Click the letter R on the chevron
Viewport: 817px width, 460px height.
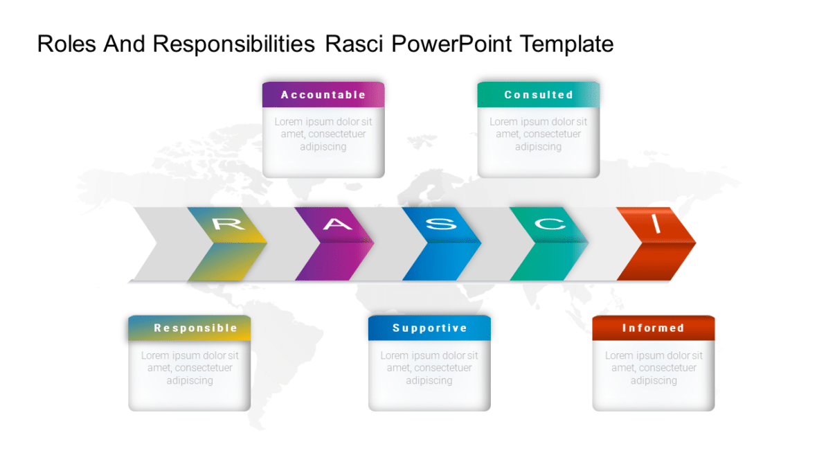[x=228, y=224]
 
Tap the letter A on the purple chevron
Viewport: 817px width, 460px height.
[x=336, y=224]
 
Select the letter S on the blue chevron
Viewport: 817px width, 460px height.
[x=441, y=224]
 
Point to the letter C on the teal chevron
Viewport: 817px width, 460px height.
[x=548, y=224]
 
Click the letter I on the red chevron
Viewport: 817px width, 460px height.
[x=656, y=224]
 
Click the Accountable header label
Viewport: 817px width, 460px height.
[x=323, y=95]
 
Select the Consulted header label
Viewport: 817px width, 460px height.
[x=539, y=95]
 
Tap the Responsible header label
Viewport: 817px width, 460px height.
[x=195, y=328]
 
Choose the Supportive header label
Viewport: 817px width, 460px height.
[x=430, y=328]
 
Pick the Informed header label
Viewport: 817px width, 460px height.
[x=653, y=328]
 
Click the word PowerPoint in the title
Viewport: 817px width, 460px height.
[x=452, y=44]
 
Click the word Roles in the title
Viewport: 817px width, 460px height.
[x=67, y=44]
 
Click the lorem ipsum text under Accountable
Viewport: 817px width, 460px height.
[x=323, y=134]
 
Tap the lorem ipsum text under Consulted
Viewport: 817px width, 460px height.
[x=539, y=134]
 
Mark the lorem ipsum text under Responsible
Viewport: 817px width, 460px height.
[x=190, y=368]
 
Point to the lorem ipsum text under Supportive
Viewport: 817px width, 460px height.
[x=429, y=368]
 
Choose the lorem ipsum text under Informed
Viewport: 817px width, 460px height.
[x=654, y=368]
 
